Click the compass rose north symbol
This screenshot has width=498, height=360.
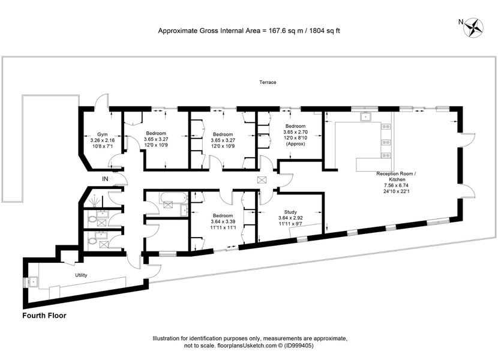[473, 28]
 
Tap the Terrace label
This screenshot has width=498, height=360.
[268, 82]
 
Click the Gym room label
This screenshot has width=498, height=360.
[102, 134]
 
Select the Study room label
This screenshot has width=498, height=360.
[290, 212]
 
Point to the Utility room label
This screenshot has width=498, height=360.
[81, 275]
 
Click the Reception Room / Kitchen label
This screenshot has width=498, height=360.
[397, 176]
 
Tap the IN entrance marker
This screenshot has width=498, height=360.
[105, 179]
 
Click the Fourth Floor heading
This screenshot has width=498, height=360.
[44, 316]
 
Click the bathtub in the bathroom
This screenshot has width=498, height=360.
[173, 197]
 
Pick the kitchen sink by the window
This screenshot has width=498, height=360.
[366, 116]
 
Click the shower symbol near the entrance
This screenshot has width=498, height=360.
[95, 200]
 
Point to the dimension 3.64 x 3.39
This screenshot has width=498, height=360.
[223, 222]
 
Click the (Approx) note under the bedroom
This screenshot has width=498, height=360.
[295, 143]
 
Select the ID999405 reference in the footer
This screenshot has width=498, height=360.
[299, 346]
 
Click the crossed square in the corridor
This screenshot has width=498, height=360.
[262, 180]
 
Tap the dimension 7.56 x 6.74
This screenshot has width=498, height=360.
[397, 185]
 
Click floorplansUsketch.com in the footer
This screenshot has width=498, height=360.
[247, 346]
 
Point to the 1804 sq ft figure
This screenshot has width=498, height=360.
[325, 31]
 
